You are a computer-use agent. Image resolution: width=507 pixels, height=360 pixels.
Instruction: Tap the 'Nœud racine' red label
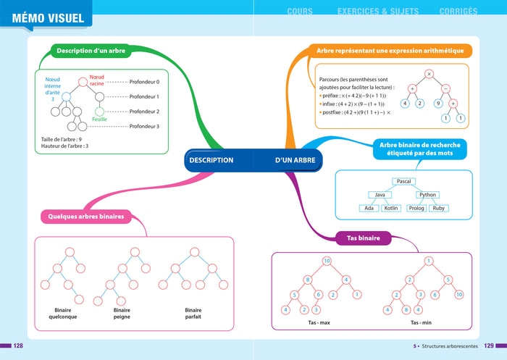point(98,78)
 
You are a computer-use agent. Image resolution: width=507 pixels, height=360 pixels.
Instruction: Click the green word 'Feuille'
point(99,120)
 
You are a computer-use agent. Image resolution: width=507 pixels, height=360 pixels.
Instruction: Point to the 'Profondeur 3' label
point(143,126)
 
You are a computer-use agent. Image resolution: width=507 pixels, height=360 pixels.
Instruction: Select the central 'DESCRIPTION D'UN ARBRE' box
point(253,159)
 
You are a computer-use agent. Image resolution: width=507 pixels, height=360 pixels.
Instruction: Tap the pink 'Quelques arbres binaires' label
point(85,216)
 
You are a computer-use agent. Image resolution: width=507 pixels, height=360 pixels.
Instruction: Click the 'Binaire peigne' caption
point(122,313)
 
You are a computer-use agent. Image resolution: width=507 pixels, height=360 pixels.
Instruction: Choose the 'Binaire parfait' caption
point(192,313)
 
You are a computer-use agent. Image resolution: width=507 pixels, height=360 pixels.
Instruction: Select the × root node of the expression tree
point(429,74)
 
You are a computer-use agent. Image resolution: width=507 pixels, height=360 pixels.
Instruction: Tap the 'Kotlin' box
point(391,208)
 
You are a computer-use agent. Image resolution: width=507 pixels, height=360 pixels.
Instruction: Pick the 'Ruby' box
point(438,208)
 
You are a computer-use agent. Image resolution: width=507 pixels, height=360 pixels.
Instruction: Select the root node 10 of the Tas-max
point(327,261)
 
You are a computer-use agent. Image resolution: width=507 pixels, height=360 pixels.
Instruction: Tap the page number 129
point(489,346)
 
